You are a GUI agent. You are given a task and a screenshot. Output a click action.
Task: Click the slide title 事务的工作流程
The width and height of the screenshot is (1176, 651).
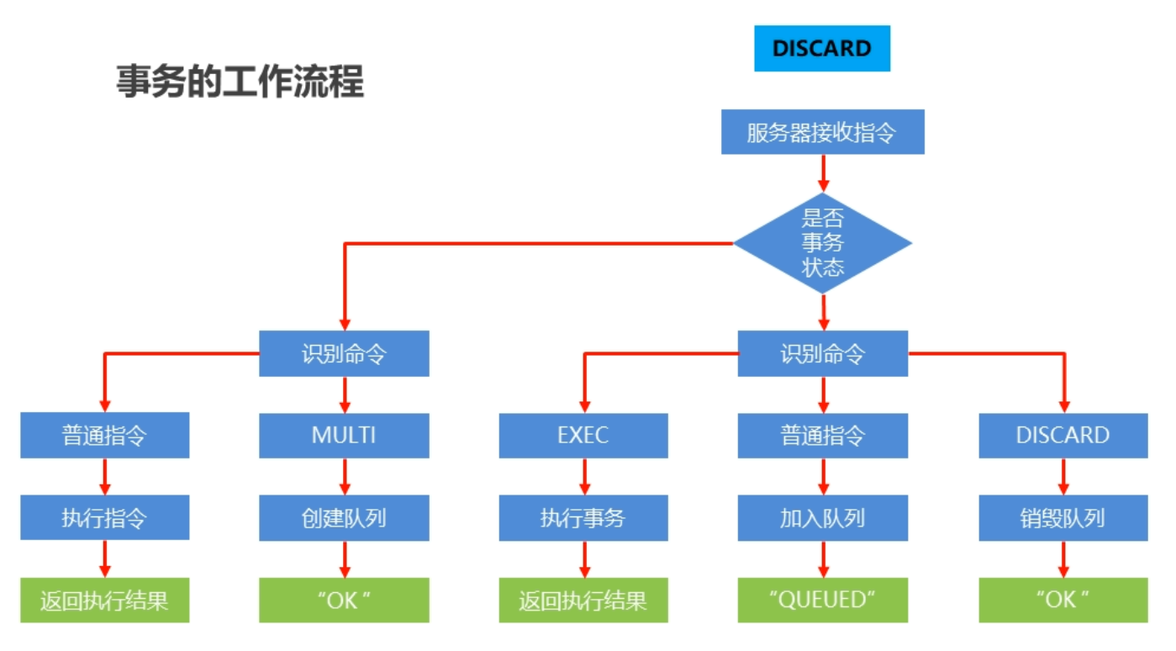(240, 83)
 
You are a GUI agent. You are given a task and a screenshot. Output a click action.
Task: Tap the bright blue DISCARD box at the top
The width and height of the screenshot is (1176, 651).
(821, 49)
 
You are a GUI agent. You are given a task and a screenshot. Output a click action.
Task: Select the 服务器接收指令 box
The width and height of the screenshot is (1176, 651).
(822, 132)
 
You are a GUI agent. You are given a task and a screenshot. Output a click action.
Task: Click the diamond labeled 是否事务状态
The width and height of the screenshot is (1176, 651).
(822, 244)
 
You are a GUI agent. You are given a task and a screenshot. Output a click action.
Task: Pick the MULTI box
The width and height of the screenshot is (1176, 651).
(344, 436)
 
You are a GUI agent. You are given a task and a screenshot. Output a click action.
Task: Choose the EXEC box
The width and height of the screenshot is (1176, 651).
(583, 436)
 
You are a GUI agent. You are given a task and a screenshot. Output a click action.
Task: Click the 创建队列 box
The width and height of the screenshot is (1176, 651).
(344, 518)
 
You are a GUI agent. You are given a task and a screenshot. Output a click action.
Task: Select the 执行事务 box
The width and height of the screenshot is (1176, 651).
(583, 518)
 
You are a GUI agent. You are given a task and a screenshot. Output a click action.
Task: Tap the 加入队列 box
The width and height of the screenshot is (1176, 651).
(822, 518)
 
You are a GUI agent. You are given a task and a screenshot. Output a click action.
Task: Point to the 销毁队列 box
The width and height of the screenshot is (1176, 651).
(1063, 518)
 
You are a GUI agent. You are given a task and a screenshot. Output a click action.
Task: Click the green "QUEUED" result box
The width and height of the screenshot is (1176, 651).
(822, 600)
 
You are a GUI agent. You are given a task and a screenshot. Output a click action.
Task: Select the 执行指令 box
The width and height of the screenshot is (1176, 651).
(104, 518)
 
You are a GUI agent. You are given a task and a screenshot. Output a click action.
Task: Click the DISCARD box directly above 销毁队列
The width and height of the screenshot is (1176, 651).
(1063, 436)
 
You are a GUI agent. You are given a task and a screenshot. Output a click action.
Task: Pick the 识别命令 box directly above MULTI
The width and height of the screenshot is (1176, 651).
(344, 353)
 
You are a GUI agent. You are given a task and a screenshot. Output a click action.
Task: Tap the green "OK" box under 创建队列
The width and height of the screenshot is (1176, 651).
(344, 600)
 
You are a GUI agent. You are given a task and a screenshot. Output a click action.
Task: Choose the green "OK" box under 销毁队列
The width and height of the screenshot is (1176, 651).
(1063, 600)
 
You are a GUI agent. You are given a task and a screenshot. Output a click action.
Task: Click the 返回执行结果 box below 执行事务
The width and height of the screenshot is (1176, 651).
(583, 600)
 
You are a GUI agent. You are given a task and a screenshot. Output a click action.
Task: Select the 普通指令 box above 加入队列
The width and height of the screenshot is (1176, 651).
(822, 436)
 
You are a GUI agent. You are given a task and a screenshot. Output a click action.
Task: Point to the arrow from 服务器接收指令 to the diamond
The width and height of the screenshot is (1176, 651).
(823, 173)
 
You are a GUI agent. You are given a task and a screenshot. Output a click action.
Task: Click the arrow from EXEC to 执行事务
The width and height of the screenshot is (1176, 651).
(584, 476)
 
